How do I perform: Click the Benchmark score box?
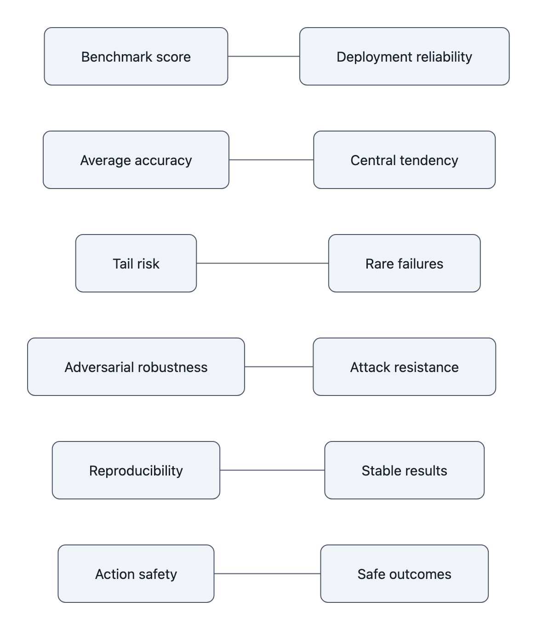coord(136,57)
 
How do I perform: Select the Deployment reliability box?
coord(404,57)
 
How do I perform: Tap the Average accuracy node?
coord(136,160)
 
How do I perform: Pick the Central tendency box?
coord(404,160)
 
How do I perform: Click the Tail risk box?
coord(136,263)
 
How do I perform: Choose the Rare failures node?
coord(404,263)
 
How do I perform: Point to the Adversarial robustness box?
coord(136,367)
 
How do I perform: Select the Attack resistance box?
coord(404,367)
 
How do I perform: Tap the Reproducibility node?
coord(136,470)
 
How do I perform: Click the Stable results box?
coord(404,470)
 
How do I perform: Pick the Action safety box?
coord(136,574)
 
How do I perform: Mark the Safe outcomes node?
coord(404,574)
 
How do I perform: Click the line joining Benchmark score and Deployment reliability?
coord(263,57)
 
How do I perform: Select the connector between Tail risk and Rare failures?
coord(262,263)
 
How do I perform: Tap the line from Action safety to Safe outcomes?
coord(267,574)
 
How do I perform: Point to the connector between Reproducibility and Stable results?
coord(272,470)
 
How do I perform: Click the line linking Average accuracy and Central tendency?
coord(271,160)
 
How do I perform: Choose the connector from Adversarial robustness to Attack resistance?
coord(279,367)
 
